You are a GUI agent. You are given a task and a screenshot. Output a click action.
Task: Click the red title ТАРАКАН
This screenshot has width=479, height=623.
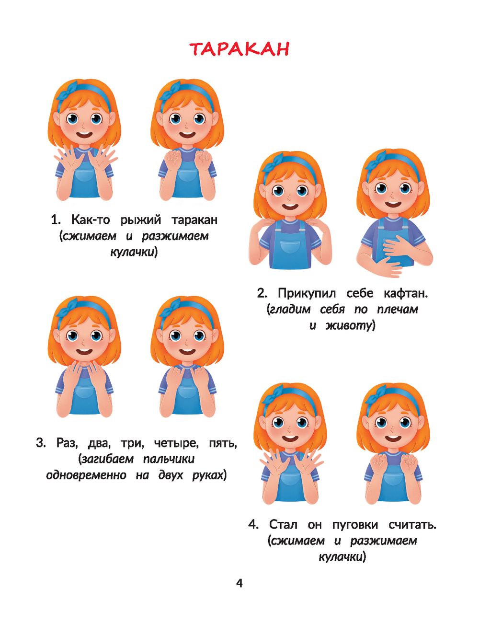[239, 49]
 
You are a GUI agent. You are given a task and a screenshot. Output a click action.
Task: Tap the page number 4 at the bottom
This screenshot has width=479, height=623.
[239, 583]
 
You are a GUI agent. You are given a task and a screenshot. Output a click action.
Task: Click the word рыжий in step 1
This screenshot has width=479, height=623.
[141, 220]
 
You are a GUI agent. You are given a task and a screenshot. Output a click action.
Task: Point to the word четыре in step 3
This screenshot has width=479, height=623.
[176, 443]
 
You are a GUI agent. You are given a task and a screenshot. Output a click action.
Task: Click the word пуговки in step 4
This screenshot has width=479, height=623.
[355, 525]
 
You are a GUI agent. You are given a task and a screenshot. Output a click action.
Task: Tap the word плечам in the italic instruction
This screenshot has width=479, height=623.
[398, 310]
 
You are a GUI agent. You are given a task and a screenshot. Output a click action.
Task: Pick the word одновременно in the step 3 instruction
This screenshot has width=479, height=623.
[86, 475]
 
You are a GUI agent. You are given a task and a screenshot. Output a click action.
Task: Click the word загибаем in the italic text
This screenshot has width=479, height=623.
[108, 459]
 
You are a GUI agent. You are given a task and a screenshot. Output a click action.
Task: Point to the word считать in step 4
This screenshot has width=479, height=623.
[412, 525]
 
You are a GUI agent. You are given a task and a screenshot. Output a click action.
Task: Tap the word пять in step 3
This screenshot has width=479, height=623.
[223, 443]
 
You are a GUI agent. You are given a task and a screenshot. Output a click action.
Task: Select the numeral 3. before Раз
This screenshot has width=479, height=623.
[41, 443]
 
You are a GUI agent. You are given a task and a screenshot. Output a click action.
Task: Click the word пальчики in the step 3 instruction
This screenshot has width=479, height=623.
[169, 459]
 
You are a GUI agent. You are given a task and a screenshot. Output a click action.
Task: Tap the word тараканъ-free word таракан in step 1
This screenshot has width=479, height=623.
[194, 220]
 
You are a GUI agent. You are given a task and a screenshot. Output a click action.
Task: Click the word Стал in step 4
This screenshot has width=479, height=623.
[283, 525]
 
